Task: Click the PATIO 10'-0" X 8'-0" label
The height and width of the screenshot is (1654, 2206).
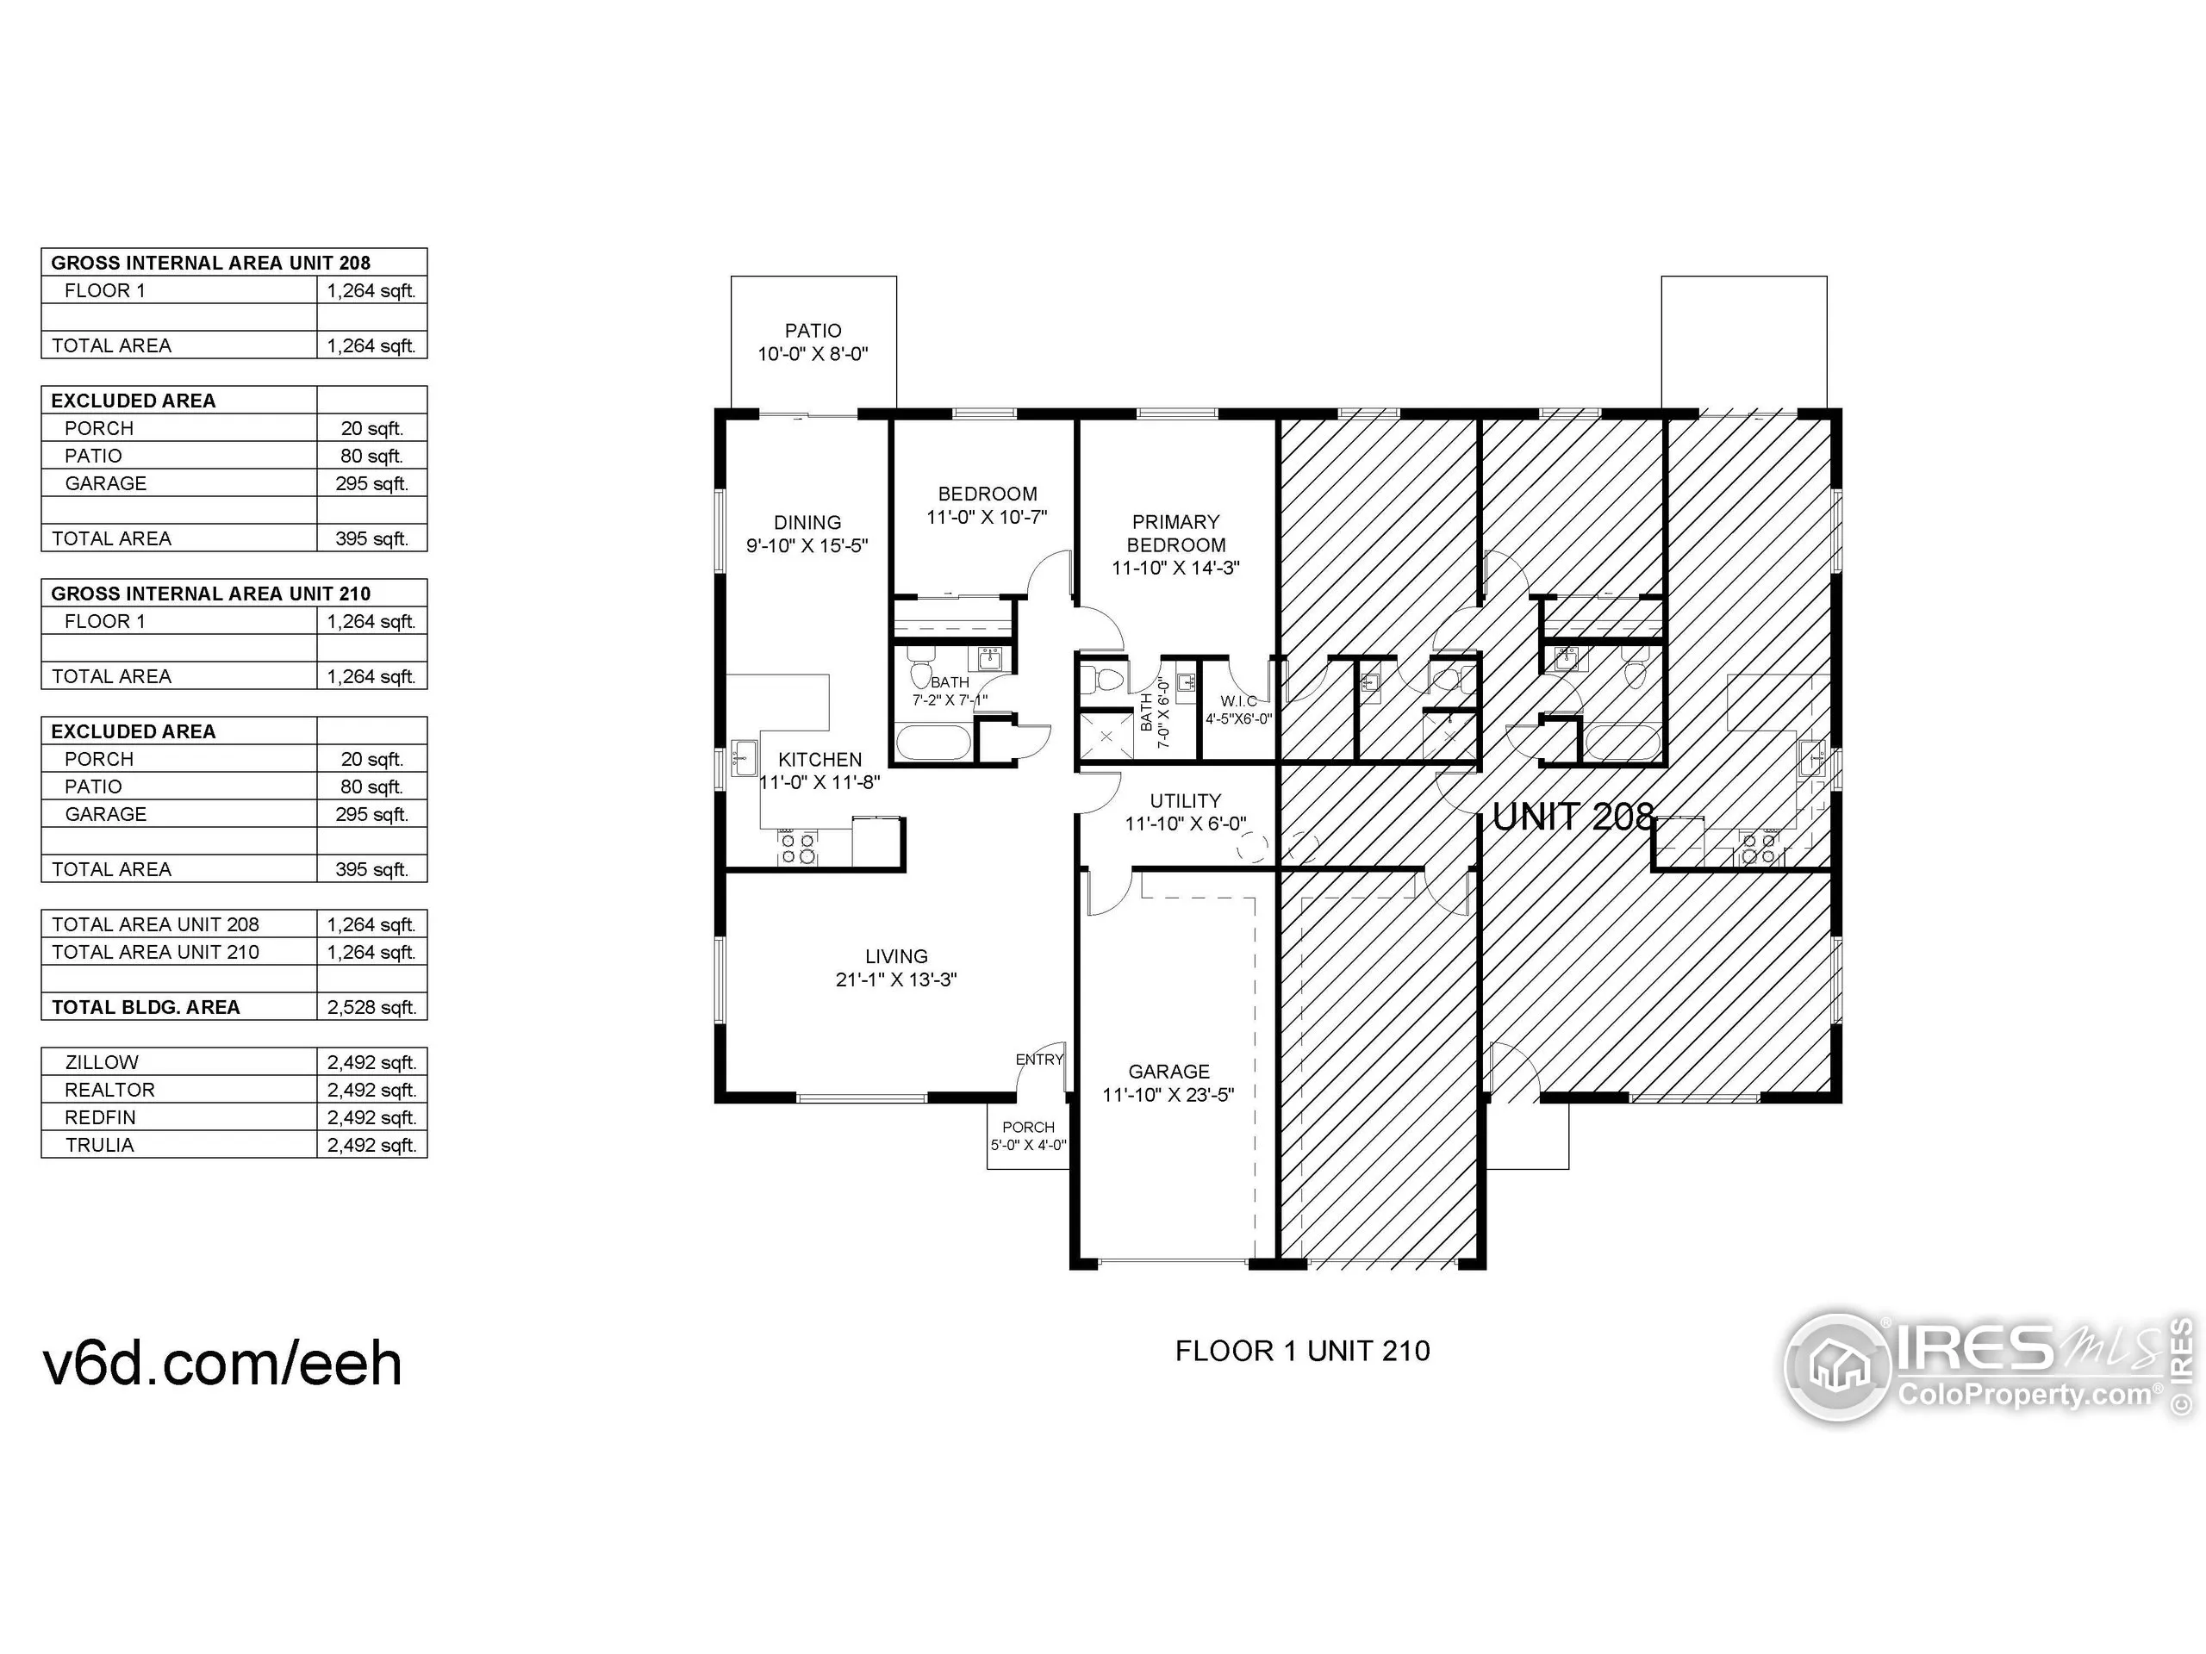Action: pyautogui.click(x=813, y=342)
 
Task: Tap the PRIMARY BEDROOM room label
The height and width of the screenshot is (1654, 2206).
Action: pyautogui.click(x=1175, y=544)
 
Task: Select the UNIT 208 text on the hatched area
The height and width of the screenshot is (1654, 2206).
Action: pyautogui.click(x=1573, y=818)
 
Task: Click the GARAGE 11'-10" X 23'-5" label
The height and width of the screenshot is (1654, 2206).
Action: pyautogui.click(x=1168, y=1083)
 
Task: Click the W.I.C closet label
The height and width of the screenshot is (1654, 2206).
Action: pyautogui.click(x=1238, y=709)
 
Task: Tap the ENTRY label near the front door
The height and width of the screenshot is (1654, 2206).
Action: pyautogui.click(x=1038, y=1059)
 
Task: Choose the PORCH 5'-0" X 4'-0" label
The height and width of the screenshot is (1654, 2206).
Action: pyautogui.click(x=1028, y=1135)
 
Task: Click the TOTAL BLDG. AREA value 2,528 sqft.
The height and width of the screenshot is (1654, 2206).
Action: pyautogui.click(x=371, y=1007)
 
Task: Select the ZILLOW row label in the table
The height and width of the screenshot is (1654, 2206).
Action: pyautogui.click(x=102, y=1062)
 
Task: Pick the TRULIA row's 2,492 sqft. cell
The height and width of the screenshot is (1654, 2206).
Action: pyautogui.click(x=371, y=1145)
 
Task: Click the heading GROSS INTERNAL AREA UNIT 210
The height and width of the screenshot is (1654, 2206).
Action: pyautogui.click(x=210, y=594)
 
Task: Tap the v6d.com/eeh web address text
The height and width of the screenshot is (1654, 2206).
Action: pyautogui.click(x=222, y=1364)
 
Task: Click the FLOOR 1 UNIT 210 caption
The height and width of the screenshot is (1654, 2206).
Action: pyautogui.click(x=1301, y=1351)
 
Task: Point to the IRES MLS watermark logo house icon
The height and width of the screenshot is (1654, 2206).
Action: pyautogui.click(x=1838, y=1366)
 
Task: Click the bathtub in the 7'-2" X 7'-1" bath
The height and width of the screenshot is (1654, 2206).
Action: pyautogui.click(x=932, y=743)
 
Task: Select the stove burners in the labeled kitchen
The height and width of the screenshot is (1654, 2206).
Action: pyautogui.click(x=798, y=849)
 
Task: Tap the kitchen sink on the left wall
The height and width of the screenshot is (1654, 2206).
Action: pyautogui.click(x=743, y=758)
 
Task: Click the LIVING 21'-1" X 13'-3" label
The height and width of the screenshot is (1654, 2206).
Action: pyautogui.click(x=895, y=967)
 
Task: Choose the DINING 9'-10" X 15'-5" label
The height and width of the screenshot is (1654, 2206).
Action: pyautogui.click(x=807, y=533)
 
